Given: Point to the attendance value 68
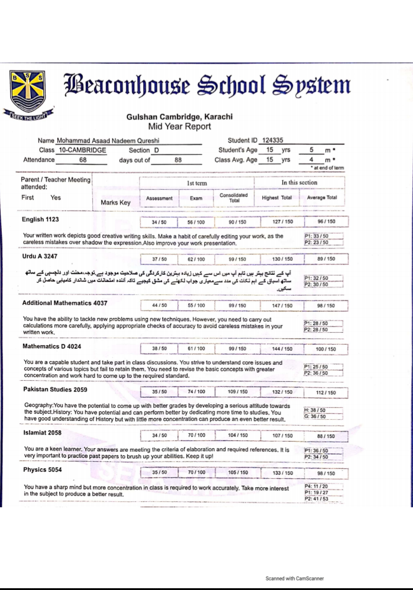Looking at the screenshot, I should pyautogui.click(x=83, y=160).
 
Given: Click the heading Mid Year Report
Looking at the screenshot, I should pyautogui.click(x=179, y=126).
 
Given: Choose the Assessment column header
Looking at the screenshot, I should pyautogui.click(x=159, y=198).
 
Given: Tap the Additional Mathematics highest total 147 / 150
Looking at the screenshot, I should pyautogui.click(x=278, y=306).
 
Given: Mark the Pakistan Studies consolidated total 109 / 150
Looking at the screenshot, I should pyautogui.click(x=237, y=392).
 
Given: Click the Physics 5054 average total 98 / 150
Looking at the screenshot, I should pyautogui.click(x=326, y=473).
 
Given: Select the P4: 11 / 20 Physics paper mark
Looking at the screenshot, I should pyautogui.click(x=315, y=486).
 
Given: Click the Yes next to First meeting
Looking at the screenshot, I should pyautogui.click(x=56, y=197).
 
